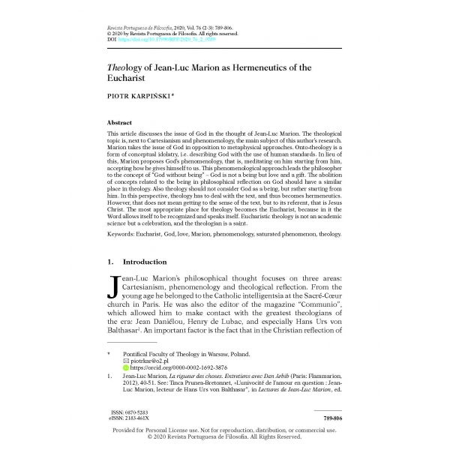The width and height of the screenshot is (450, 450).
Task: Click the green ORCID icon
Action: (x=125, y=368)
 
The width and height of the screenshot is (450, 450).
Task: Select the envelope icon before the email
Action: (x=125, y=360)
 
